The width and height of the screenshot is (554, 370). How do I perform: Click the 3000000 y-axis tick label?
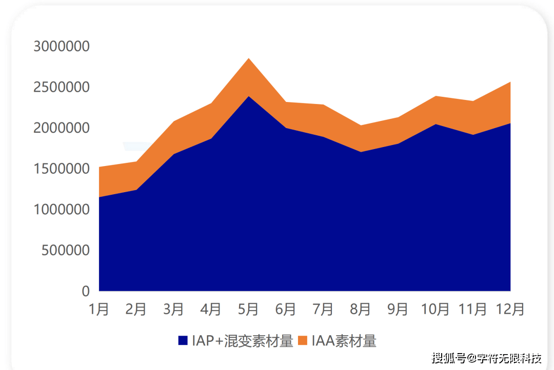point(62,46)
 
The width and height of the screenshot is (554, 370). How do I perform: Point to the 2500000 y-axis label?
point(62,87)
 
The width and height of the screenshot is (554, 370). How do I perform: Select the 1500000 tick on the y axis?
point(62,169)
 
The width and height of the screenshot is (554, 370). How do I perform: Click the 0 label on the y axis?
point(86,291)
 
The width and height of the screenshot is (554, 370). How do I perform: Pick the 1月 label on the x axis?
point(99,309)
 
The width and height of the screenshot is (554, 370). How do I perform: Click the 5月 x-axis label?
point(249,309)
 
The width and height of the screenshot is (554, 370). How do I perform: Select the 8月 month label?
point(361,309)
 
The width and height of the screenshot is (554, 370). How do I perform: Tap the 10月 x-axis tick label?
point(435,309)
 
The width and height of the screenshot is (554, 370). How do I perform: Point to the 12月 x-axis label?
point(510,309)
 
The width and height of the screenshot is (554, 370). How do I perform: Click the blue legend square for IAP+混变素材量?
point(183,341)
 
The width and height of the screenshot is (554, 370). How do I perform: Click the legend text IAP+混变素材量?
point(242,341)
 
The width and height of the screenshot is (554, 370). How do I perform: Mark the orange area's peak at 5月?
point(249,59)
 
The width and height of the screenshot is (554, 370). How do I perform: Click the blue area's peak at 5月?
point(249,96)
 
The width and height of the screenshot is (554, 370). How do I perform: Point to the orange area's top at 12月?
point(509,83)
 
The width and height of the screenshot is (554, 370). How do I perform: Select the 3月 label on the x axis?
point(174,309)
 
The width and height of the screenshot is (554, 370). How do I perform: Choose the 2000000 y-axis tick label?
point(62,128)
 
